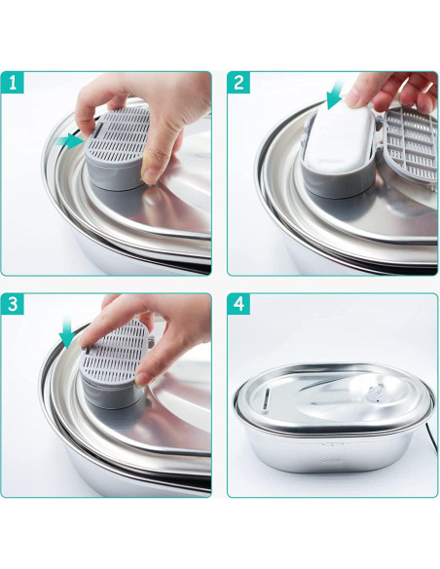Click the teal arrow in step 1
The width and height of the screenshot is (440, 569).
click(69, 142)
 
